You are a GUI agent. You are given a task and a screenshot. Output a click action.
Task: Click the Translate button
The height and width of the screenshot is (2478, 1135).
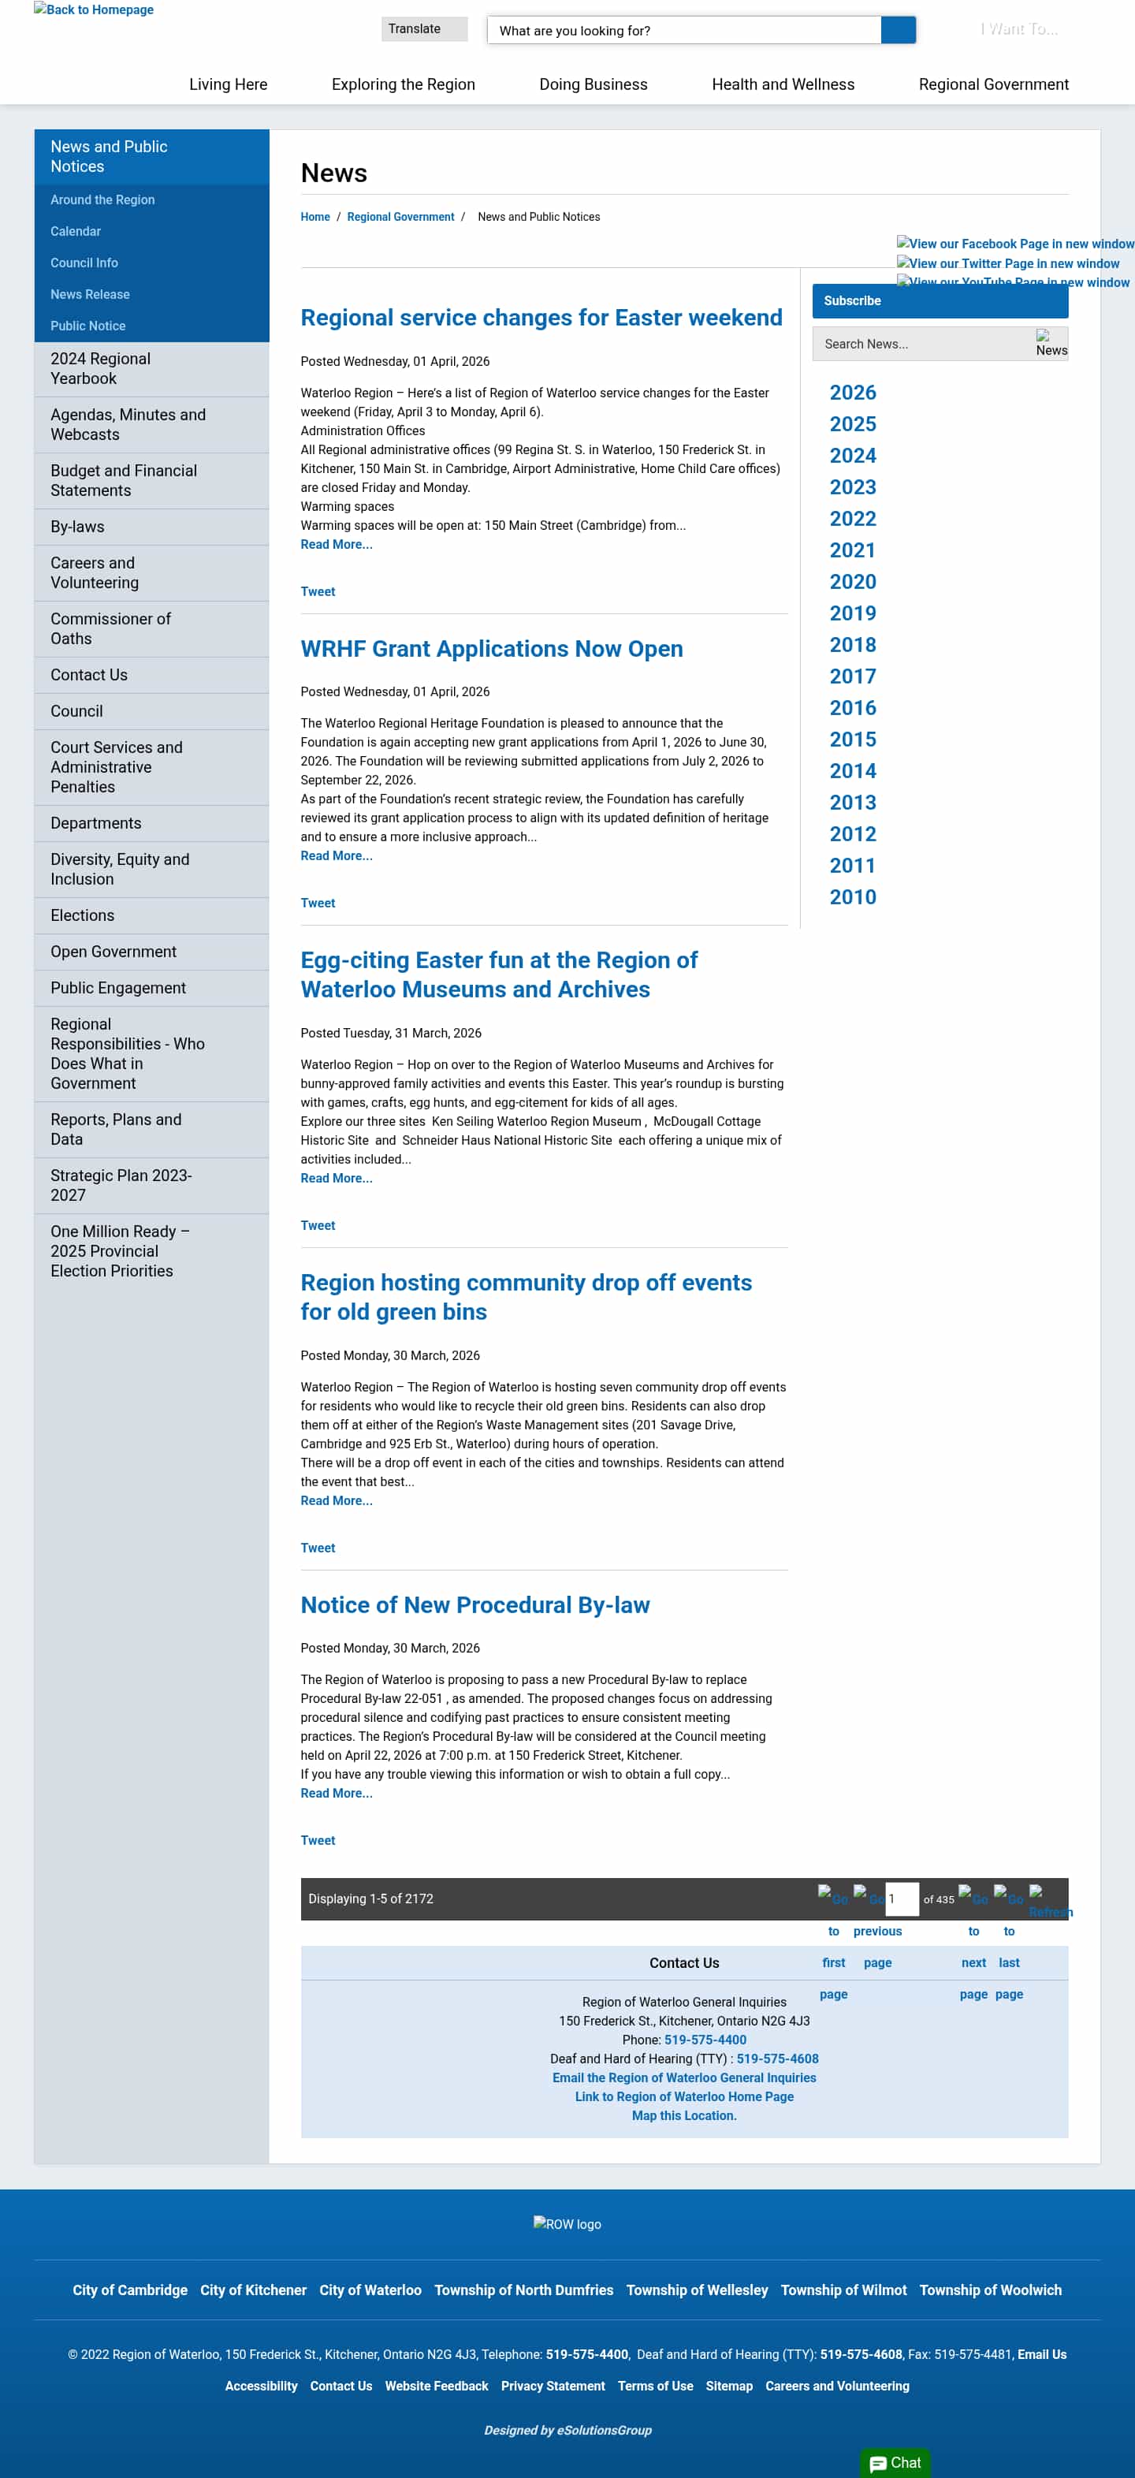(x=423, y=29)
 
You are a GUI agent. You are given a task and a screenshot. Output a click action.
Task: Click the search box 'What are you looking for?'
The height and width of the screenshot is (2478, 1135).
(x=683, y=31)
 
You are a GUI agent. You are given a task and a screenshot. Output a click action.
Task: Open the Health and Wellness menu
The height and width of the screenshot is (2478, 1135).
(x=782, y=84)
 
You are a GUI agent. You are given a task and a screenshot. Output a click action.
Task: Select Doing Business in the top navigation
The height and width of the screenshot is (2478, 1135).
(x=593, y=84)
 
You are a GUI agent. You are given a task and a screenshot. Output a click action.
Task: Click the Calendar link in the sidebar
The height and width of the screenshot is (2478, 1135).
(x=75, y=232)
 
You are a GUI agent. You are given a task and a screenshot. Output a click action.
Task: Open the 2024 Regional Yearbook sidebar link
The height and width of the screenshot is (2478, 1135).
(x=100, y=368)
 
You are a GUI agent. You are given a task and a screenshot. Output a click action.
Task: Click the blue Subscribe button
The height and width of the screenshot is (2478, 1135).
(x=939, y=301)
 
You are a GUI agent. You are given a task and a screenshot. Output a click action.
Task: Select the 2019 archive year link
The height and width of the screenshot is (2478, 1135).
(x=852, y=613)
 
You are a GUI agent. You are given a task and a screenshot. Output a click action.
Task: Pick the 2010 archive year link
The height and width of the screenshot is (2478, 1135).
(x=852, y=897)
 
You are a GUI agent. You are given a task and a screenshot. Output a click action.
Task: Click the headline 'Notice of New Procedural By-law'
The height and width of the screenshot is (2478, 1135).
(x=474, y=1605)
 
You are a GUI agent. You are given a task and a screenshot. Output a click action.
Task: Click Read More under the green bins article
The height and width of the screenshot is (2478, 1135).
(x=336, y=1500)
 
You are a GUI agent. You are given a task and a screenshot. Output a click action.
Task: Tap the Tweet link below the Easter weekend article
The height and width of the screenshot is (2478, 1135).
(x=318, y=591)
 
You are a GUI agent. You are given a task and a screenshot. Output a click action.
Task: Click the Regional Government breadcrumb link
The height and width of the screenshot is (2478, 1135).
(x=400, y=218)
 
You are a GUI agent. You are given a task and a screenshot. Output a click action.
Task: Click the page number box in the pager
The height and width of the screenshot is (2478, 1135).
(x=901, y=1899)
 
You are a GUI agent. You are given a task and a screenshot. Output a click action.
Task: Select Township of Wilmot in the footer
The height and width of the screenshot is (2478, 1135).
(x=843, y=2290)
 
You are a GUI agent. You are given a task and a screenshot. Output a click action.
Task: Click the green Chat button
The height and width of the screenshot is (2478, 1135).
(x=895, y=2462)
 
